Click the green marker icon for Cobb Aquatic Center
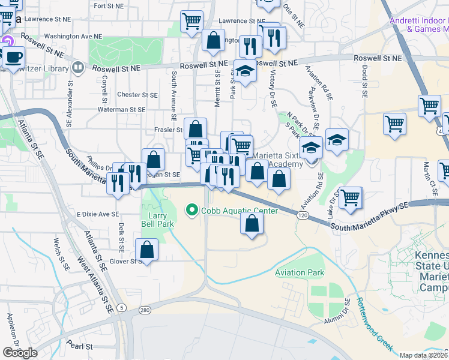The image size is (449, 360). [x=192, y=211]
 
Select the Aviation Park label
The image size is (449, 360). [x=300, y=273]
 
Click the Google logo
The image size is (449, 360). [x=20, y=353]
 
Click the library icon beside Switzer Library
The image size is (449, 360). [x=77, y=68]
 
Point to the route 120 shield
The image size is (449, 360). [x=303, y=215]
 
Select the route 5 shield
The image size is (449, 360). [x=122, y=308]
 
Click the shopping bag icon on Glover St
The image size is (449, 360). [x=146, y=248]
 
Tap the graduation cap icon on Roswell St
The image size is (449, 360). [x=244, y=71]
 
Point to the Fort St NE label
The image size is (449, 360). [x=108, y=6]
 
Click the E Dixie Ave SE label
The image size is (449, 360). [x=98, y=214]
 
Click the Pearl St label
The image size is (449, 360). [x=80, y=346]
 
